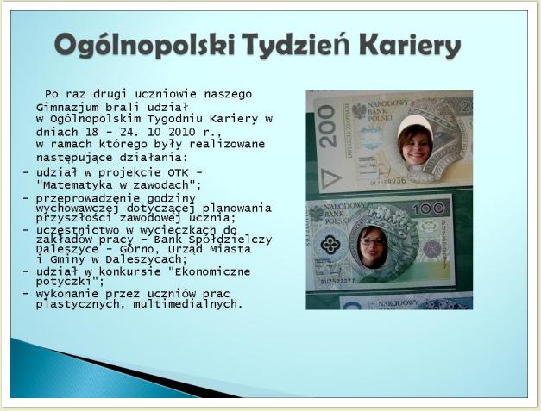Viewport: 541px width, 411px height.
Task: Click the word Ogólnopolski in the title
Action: tap(144, 46)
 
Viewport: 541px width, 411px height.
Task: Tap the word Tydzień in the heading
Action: tap(296, 46)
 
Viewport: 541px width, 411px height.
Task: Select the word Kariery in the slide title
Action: tap(410, 46)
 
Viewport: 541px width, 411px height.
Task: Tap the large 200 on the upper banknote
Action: tap(328, 126)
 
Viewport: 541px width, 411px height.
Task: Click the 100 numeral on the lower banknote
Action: tap(429, 208)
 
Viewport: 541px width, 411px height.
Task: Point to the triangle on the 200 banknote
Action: tap(330, 178)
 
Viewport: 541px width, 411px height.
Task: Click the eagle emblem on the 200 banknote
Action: tap(359, 111)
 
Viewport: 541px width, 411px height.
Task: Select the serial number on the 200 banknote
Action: tap(388, 181)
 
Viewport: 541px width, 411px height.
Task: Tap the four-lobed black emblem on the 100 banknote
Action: tap(330, 245)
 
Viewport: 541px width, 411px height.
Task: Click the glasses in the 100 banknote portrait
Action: tap(372, 242)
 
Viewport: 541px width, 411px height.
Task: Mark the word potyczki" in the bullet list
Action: tap(70, 282)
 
